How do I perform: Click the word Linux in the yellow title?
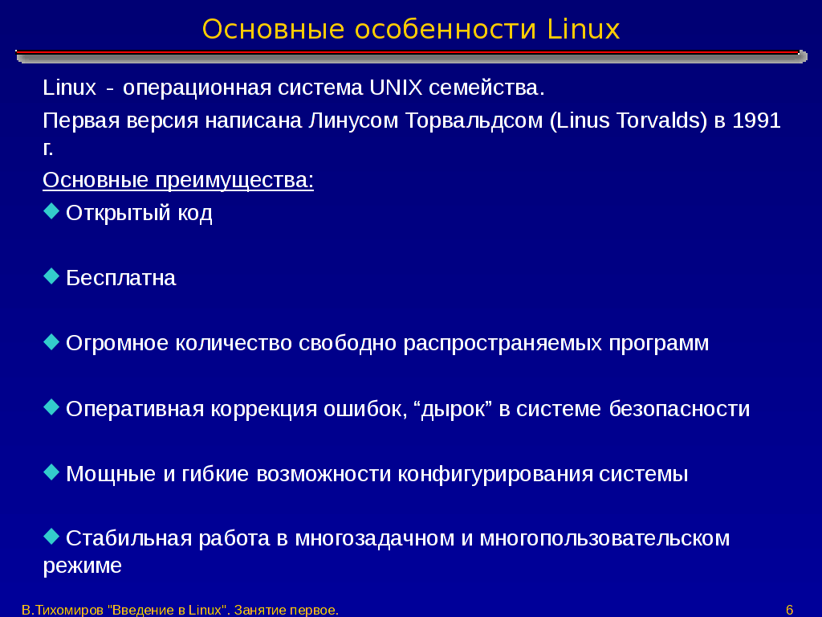pyautogui.click(x=584, y=30)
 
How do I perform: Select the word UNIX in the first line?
pyautogui.click(x=396, y=88)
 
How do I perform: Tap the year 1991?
pyautogui.click(x=756, y=121)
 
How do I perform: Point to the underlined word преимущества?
pyautogui.click(x=234, y=180)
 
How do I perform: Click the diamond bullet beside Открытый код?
pyautogui.click(x=51, y=211)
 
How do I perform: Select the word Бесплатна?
pyautogui.click(x=121, y=277)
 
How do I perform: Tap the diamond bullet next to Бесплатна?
pyautogui.click(x=51, y=276)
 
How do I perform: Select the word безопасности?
pyautogui.click(x=679, y=409)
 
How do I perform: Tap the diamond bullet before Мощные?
pyautogui.click(x=51, y=472)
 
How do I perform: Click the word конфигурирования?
pyautogui.click(x=495, y=474)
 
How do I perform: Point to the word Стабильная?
pyautogui.click(x=129, y=539)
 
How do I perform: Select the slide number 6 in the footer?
pyautogui.click(x=790, y=611)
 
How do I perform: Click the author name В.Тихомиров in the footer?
pyautogui.click(x=63, y=611)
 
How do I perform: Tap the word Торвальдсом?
pyautogui.click(x=474, y=121)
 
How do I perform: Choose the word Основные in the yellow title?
pyautogui.click(x=273, y=30)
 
